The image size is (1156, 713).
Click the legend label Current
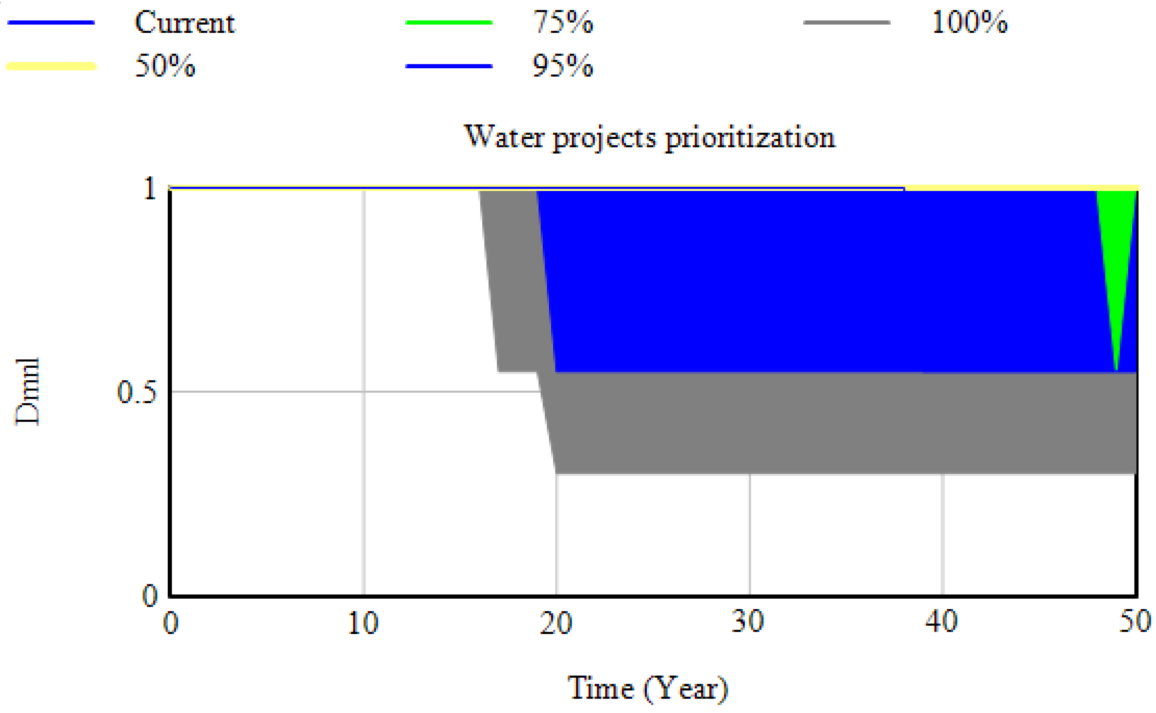pyautogui.click(x=185, y=23)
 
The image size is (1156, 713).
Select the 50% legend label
pyautogui.click(x=165, y=66)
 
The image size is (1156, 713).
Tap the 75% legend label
pyautogui.click(x=563, y=23)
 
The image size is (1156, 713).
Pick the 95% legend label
pyautogui.click(x=563, y=66)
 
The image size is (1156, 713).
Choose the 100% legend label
pyautogui.click(x=970, y=23)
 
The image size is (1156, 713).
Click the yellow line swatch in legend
pyautogui.click(x=51, y=66)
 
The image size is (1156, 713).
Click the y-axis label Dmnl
pyautogui.click(x=27, y=391)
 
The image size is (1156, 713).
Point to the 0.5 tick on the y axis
pyautogui.click(x=137, y=391)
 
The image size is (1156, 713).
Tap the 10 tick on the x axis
pyautogui.click(x=363, y=623)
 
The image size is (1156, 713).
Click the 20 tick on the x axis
pyautogui.click(x=556, y=623)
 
